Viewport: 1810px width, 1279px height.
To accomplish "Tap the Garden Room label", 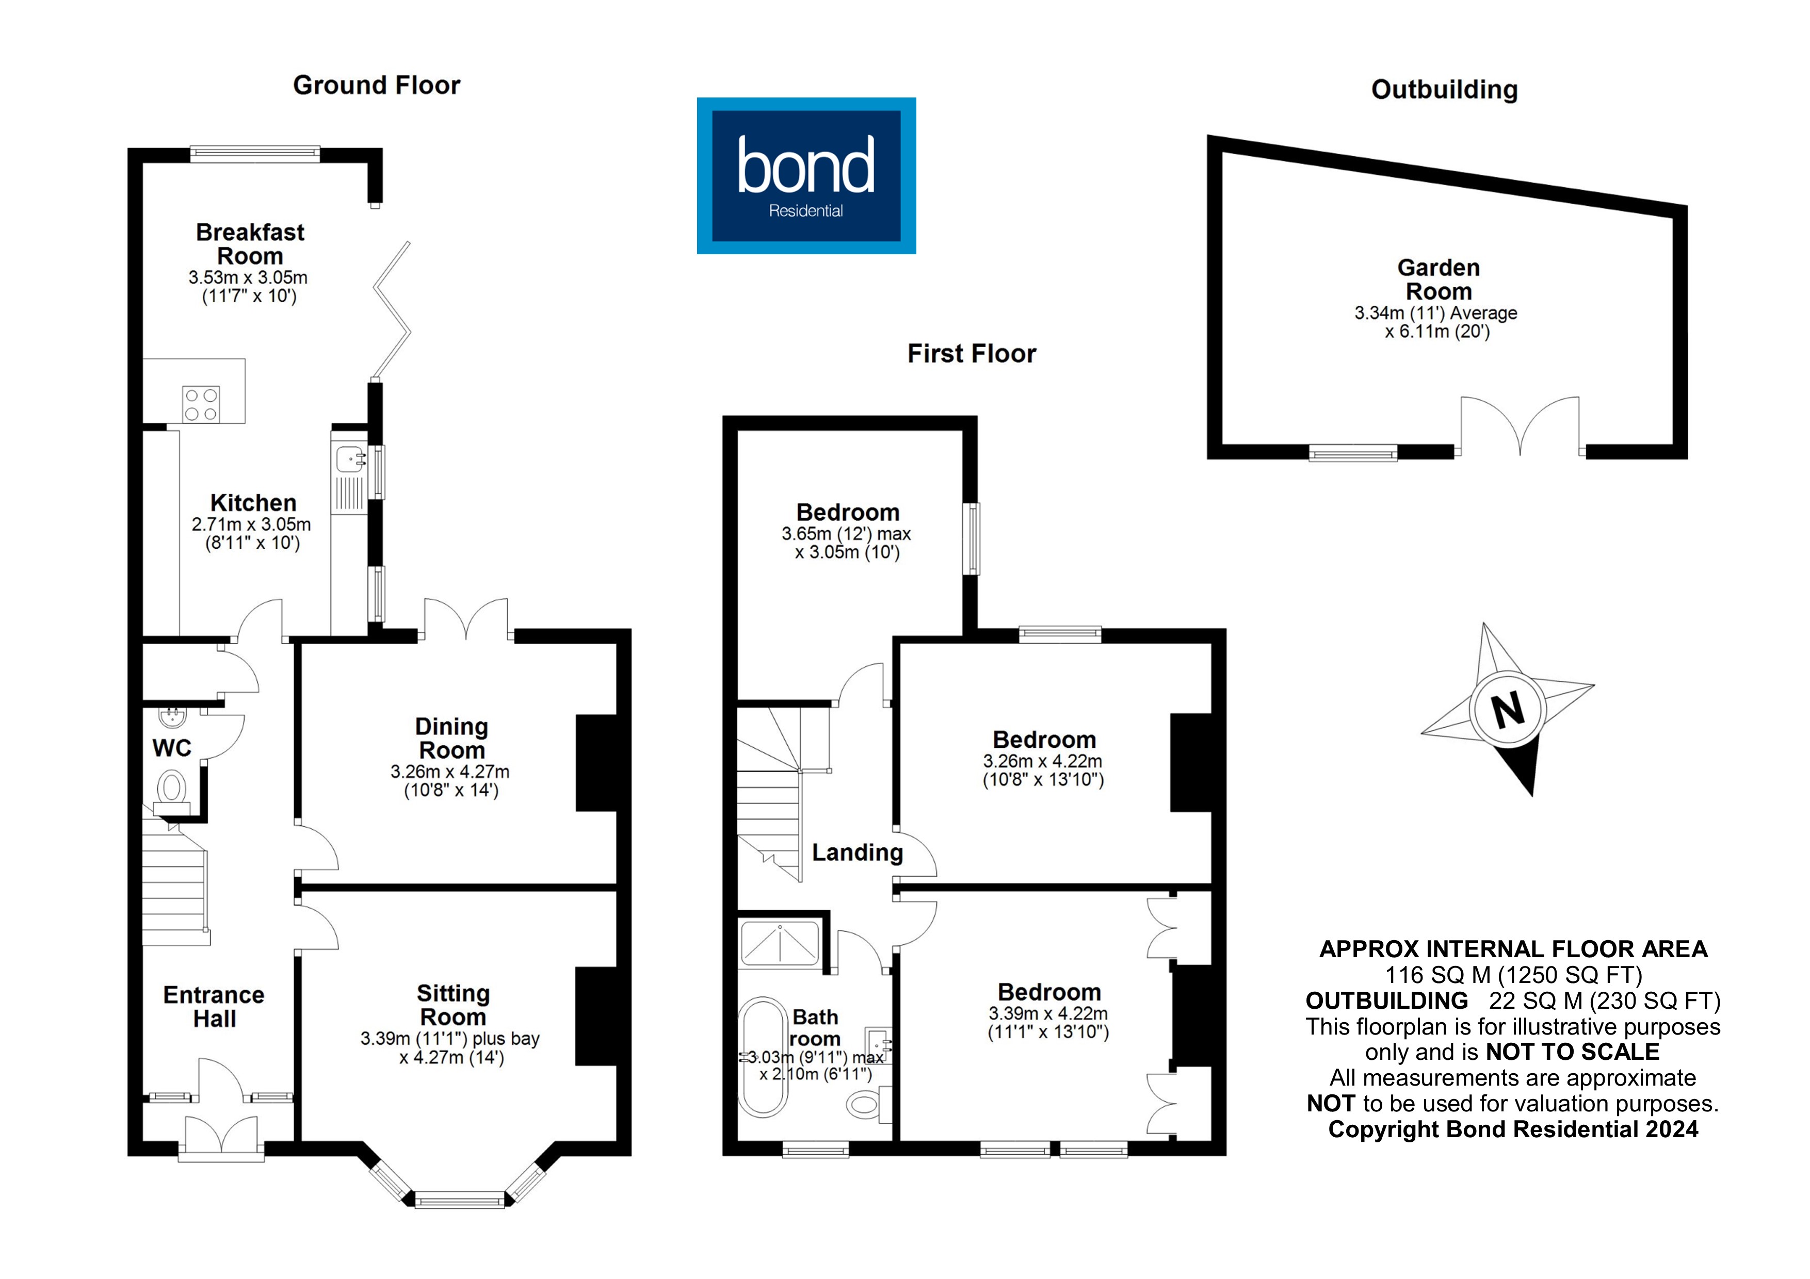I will pyautogui.click(x=1439, y=279).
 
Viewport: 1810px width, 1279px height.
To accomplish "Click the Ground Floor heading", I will pyautogui.click(x=376, y=85).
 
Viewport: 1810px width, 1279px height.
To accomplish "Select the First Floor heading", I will pyautogui.click(x=971, y=353).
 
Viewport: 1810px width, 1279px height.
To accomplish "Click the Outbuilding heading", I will pyautogui.click(x=1444, y=90).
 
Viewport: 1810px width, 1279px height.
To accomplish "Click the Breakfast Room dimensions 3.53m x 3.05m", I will pyautogui.click(x=248, y=277).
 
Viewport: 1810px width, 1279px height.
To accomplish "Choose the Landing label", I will pyautogui.click(x=857, y=852).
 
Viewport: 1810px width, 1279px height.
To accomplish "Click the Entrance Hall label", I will pyautogui.click(x=214, y=1006).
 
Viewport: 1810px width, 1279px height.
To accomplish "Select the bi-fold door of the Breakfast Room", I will pyautogui.click(x=392, y=310).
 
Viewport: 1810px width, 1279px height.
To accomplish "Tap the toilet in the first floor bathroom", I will pyautogui.click(x=865, y=1103).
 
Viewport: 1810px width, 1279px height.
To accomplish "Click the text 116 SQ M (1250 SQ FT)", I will pyautogui.click(x=1514, y=975).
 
